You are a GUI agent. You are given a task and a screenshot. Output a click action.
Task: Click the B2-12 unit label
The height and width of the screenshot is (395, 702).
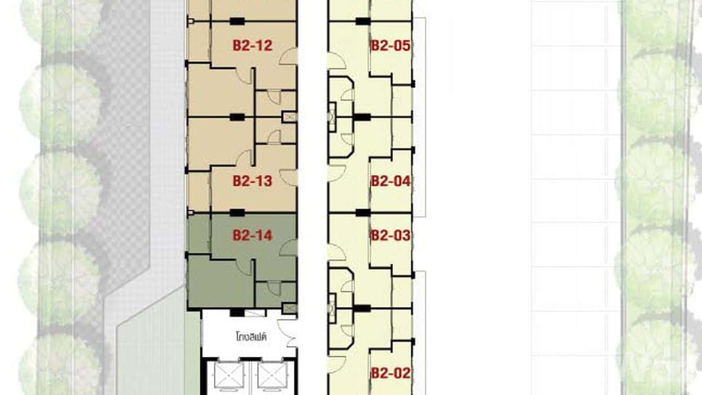tap(253, 46)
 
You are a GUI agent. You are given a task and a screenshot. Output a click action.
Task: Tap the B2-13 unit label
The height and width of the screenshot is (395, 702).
tap(253, 181)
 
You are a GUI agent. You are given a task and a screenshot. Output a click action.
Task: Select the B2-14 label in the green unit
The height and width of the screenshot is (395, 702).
tap(253, 235)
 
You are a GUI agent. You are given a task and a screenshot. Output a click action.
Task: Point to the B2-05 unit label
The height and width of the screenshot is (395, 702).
tap(390, 46)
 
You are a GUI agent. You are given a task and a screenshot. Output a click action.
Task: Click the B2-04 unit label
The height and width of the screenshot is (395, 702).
tap(390, 181)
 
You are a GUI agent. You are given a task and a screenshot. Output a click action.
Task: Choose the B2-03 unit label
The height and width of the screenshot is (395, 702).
tap(390, 235)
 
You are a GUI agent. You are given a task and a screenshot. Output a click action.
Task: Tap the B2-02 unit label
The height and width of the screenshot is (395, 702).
tap(390, 374)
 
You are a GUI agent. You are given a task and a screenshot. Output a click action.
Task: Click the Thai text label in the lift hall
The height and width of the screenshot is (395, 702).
tap(251, 337)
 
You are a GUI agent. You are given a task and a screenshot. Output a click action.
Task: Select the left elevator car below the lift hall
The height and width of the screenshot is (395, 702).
tap(229, 376)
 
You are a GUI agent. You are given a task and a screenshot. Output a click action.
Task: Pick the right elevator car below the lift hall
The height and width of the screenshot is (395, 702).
tap(272, 376)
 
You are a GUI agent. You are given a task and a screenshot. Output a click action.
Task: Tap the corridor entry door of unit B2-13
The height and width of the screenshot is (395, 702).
tap(288, 177)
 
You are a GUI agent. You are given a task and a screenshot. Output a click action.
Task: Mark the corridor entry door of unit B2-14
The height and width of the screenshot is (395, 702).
tap(288, 248)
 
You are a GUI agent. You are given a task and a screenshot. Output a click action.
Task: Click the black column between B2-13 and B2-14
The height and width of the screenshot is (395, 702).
tap(237, 213)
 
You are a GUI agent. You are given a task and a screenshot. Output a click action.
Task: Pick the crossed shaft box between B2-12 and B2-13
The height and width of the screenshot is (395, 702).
tap(289, 117)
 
